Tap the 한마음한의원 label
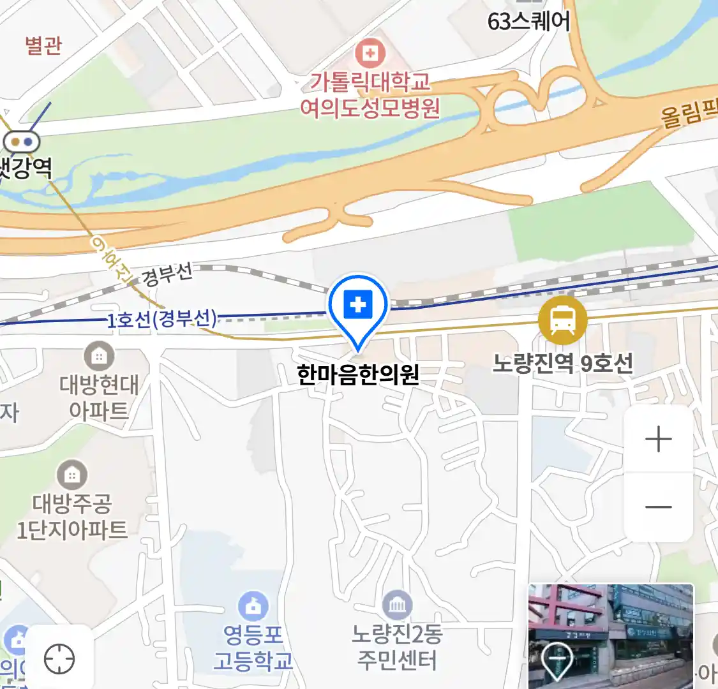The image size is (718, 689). click(358, 374)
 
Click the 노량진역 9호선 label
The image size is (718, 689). click(562, 364)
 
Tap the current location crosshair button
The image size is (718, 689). click(59, 659)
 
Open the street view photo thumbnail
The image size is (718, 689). click(610, 635)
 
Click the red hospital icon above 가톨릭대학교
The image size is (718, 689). click(370, 53)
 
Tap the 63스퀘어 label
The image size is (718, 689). click(528, 21)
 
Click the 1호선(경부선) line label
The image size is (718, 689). click(161, 319)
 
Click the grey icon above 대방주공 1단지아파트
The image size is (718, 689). click(72, 475)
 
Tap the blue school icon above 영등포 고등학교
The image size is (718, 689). click(253, 607)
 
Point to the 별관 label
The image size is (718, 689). click(43, 46)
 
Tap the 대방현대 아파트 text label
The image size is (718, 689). click(99, 397)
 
